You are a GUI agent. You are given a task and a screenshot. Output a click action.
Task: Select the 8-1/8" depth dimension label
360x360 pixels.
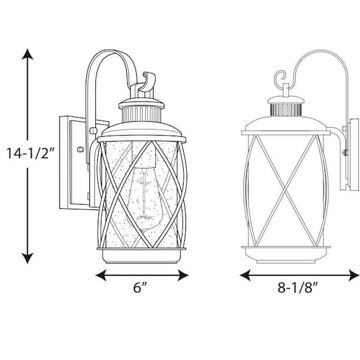[x=296, y=288]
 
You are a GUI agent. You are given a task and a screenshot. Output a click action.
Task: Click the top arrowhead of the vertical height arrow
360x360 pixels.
[x=27, y=54]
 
